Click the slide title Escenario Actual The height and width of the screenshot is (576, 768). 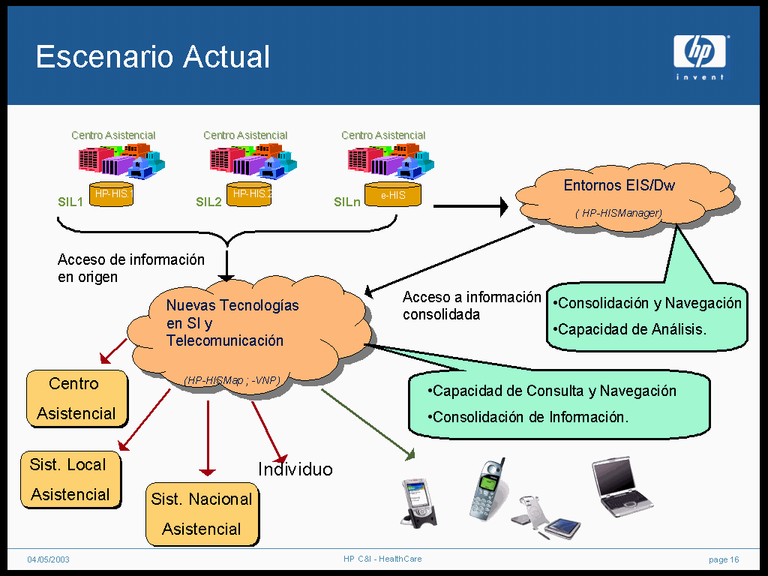[x=152, y=57]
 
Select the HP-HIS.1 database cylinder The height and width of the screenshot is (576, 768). [x=111, y=194]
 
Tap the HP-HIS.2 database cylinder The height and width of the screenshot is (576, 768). [x=249, y=194]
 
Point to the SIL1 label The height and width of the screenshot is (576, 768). [x=70, y=202]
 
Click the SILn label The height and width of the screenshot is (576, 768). [x=346, y=202]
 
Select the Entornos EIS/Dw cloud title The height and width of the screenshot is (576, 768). [x=619, y=185]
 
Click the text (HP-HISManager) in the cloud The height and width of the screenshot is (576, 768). [x=619, y=214]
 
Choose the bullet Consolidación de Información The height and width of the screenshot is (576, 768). [x=528, y=417]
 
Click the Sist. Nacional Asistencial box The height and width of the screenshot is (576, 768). [x=202, y=514]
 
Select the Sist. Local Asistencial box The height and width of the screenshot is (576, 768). [x=70, y=479]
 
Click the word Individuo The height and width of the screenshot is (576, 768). [x=295, y=469]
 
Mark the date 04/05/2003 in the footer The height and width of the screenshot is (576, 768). [x=49, y=559]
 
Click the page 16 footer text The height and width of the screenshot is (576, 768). [x=724, y=559]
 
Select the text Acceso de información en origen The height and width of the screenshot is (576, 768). [x=130, y=268]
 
